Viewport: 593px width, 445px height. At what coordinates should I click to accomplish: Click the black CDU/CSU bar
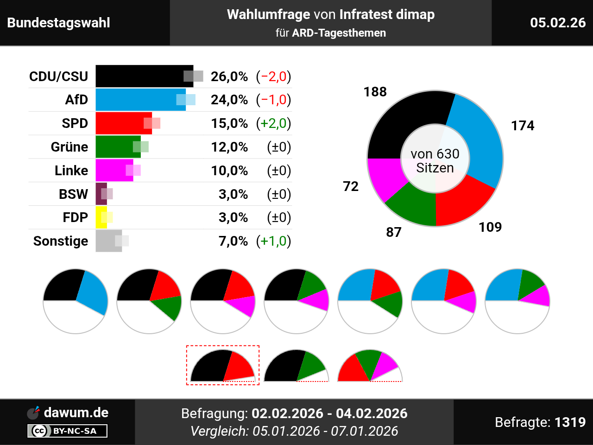click(139, 76)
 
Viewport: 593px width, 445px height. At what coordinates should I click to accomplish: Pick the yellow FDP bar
click(101, 217)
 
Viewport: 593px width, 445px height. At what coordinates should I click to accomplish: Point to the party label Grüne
click(69, 147)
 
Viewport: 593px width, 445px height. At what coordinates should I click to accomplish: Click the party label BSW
click(73, 194)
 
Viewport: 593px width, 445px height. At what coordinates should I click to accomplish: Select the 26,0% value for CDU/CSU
click(229, 76)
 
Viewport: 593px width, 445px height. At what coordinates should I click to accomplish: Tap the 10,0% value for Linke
click(229, 171)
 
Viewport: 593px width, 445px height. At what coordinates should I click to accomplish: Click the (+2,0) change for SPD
click(273, 123)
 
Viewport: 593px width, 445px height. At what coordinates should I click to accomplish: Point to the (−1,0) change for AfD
click(273, 100)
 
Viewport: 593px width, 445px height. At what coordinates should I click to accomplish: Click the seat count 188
click(375, 92)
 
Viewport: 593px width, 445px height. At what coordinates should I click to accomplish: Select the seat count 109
click(490, 227)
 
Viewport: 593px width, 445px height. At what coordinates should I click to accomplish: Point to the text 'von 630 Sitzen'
click(435, 161)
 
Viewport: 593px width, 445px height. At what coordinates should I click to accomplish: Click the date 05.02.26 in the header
click(558, 23)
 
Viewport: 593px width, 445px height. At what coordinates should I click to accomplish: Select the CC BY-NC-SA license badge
click(68, 431)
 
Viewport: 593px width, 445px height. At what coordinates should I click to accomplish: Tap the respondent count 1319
click(570, 422)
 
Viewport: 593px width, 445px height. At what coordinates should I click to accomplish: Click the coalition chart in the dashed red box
click(223, 366)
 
